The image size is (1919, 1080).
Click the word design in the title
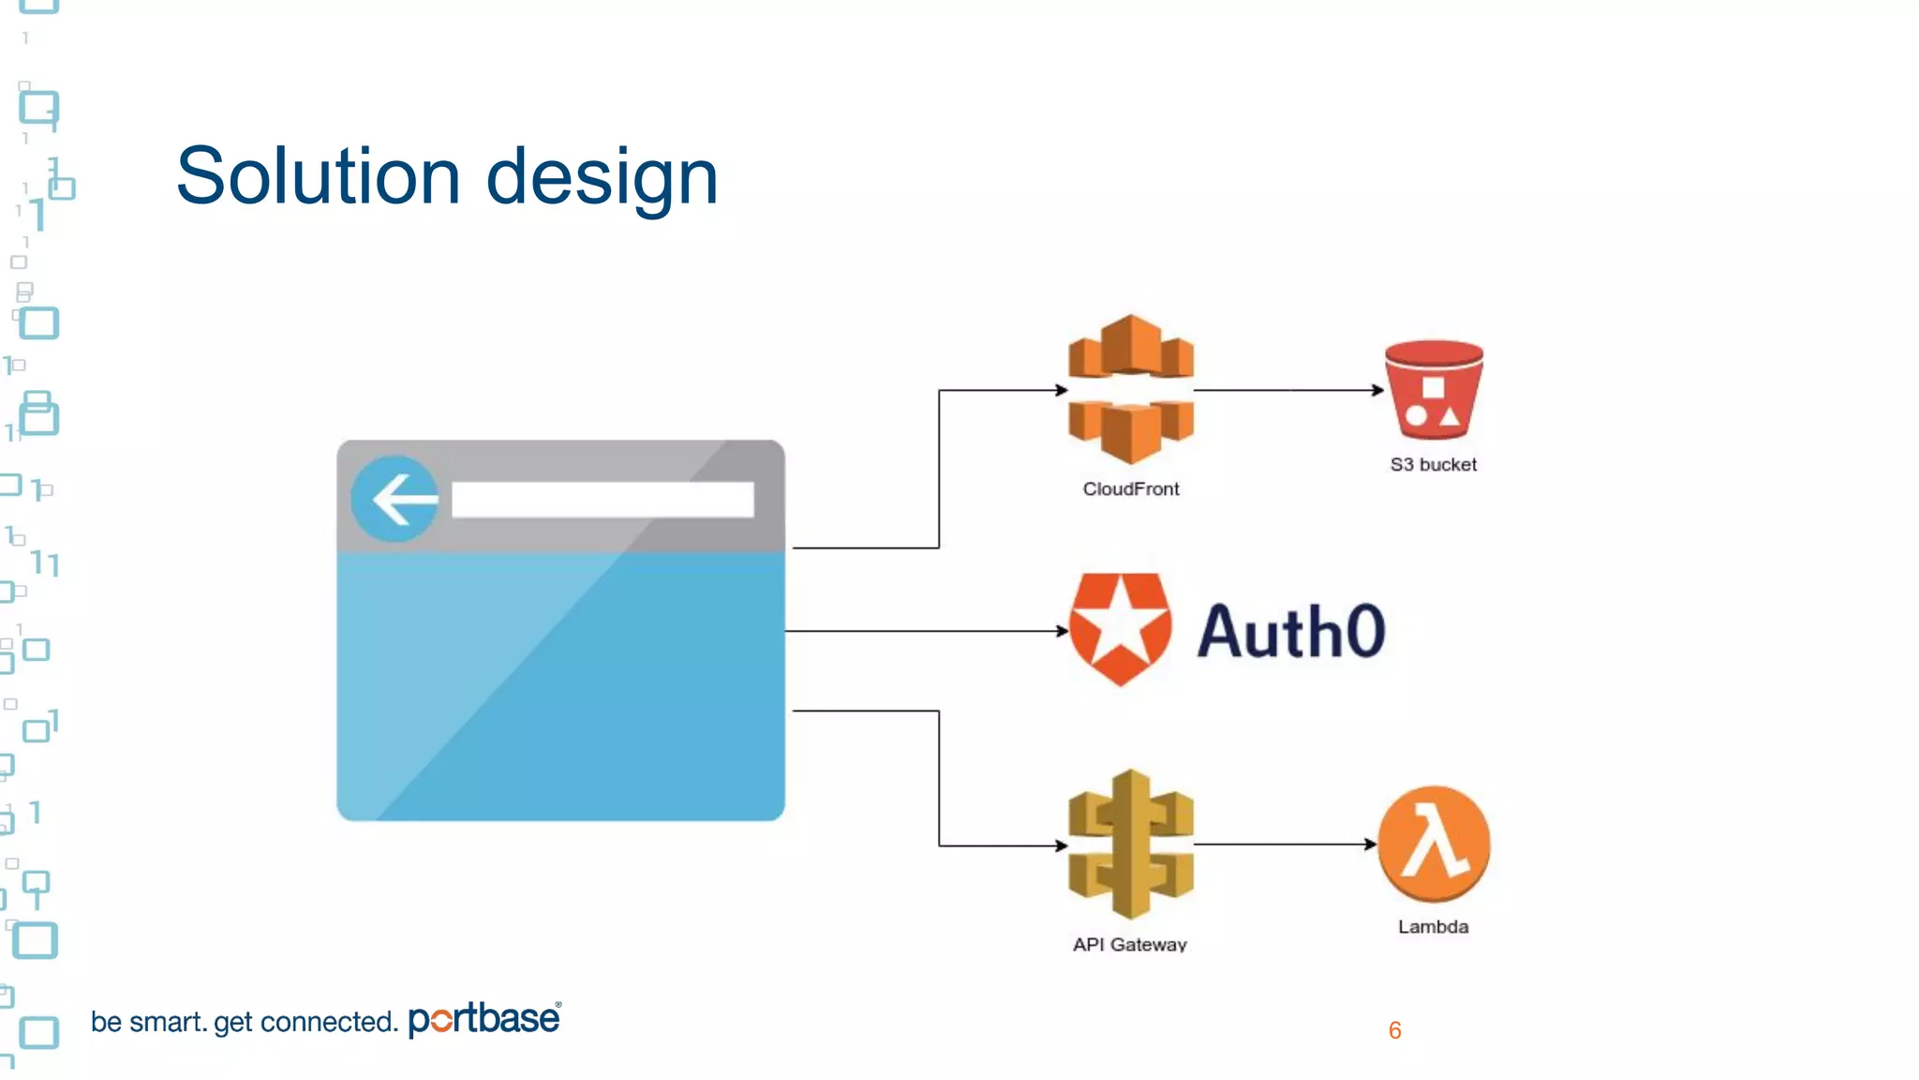click(x=602, y=178)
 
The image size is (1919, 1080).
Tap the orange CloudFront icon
click(x=1131, y=389)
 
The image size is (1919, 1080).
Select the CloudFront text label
click(x=1131, y=489)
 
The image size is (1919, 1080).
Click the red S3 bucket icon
click(x=1434, y=389)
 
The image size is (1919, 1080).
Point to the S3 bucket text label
click(x=1433, y=465)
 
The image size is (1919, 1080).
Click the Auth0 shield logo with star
click(x=1120, y=629)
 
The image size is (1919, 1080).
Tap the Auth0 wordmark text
click(x=1291, y=631)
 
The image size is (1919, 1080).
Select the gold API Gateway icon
click(x=1131, y=844)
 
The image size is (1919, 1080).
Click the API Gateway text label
click(x=1130, y=945)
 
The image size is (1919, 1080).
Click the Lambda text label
click(x=1433, y=927)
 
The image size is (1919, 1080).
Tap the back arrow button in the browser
click(x=394, y=499)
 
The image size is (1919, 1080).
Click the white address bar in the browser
click(x=602, y=500)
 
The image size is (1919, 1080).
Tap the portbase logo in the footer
click(x=484, y=1019)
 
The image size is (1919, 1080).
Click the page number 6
click(x=1394, y=1030)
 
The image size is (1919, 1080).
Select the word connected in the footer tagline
click(x=329, y=1022)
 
